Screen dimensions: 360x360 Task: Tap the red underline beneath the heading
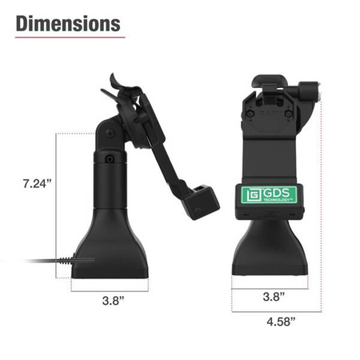(67, 37)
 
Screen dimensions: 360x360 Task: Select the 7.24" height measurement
(37, 183)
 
